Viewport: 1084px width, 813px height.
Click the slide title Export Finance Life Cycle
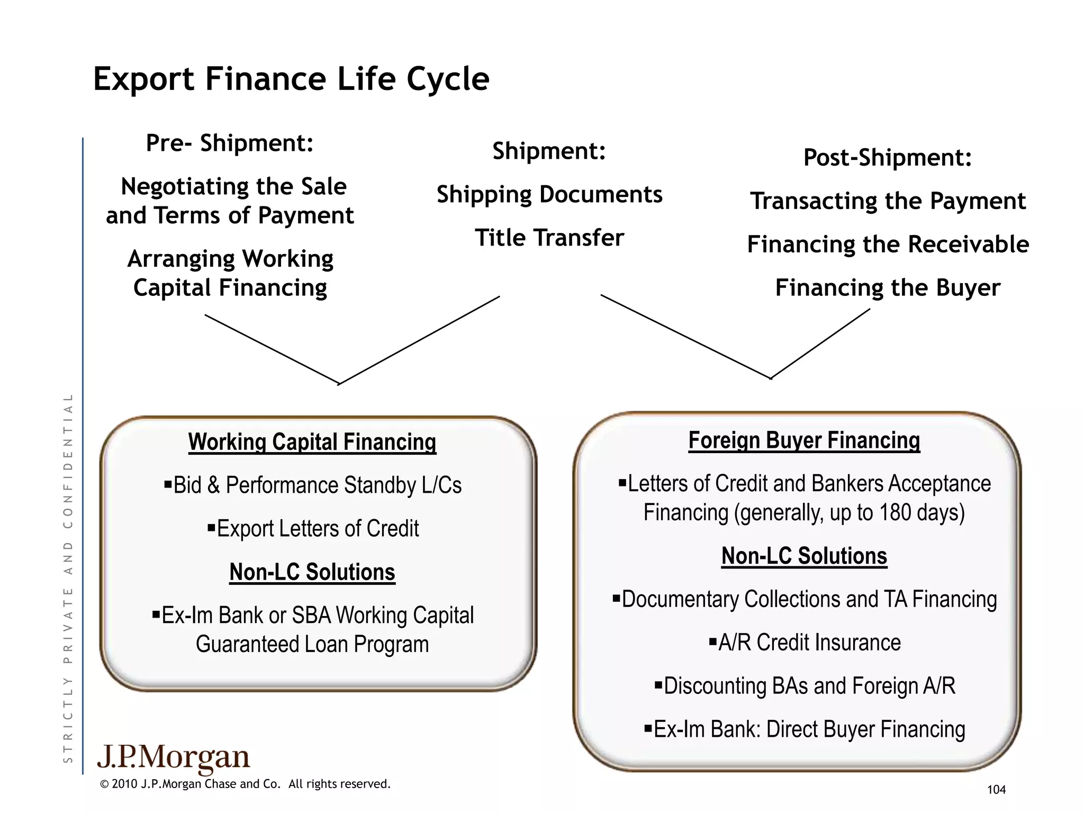pos(291,79)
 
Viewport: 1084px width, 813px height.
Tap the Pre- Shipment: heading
pos(230,143)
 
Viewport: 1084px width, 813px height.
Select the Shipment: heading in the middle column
pos(549,151)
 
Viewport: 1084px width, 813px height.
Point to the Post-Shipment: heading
pos(888,158)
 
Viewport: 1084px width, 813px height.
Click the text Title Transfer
pos(549,238)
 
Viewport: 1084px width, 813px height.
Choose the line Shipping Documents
pos(549,195)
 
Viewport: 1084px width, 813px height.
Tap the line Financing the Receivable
pos(888,245)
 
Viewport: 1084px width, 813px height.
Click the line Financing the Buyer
pos(888,288)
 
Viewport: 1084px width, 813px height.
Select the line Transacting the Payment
pos(888,201)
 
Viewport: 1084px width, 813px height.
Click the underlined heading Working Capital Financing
pos(312,442)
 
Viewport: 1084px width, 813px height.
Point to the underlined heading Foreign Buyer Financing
pos(804,440)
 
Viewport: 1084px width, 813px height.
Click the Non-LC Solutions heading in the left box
pos(312,572)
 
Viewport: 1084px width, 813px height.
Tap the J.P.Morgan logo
pos(174,758)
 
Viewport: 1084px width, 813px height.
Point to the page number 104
pos(996,790)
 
